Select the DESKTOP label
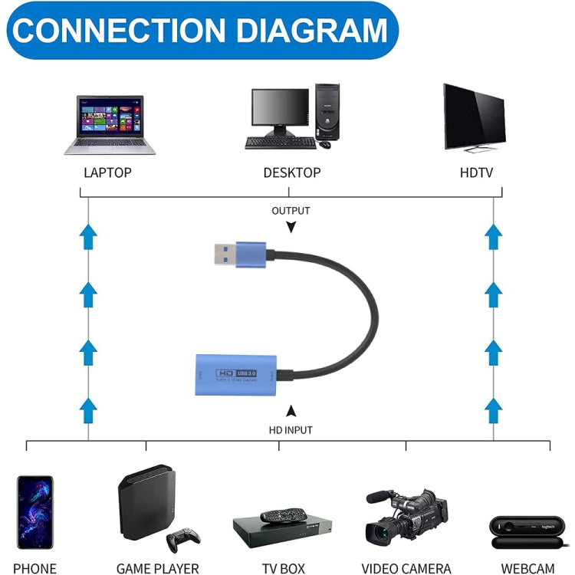(291, 172)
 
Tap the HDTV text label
(476, 172)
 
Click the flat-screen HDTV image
(474, 117)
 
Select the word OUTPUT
(291, 210)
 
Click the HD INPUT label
(291, 430)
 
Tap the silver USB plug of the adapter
(224, 253)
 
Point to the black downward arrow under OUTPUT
(291, 227)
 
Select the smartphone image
(35, 512)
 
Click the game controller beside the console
(183, 538)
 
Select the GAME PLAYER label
(157, 568)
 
